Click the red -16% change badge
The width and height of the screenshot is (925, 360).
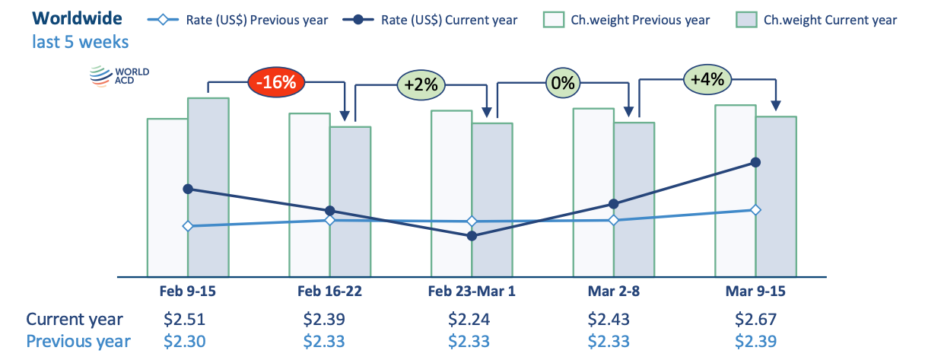[277, 82]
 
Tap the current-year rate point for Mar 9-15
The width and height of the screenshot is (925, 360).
[755, 162]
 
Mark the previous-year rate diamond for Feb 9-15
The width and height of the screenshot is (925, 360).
[188, 226]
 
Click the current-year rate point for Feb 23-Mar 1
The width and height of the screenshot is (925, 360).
[472, 236]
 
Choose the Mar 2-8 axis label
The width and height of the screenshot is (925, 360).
[613, 291]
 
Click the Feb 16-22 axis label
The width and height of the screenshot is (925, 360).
[329, 291]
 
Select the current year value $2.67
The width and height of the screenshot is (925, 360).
[755, 319]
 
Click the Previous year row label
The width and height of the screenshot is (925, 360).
[78, 342]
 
